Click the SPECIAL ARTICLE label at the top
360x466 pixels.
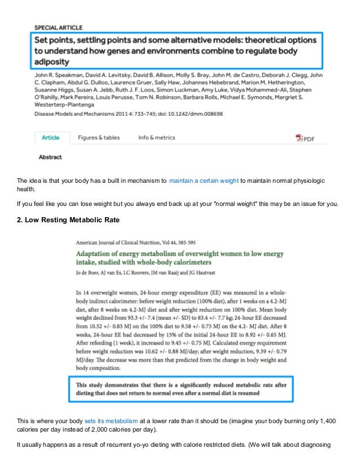[x=59, y=27]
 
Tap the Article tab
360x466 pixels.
[x=51, y=138]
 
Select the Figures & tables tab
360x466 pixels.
[x=99, y=138]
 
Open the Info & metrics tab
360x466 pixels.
[x=156, y=138]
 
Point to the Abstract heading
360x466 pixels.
[x=50, y=157]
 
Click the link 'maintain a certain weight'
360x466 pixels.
[x=203, y=181]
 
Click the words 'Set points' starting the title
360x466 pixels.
[x=55, y=41]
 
